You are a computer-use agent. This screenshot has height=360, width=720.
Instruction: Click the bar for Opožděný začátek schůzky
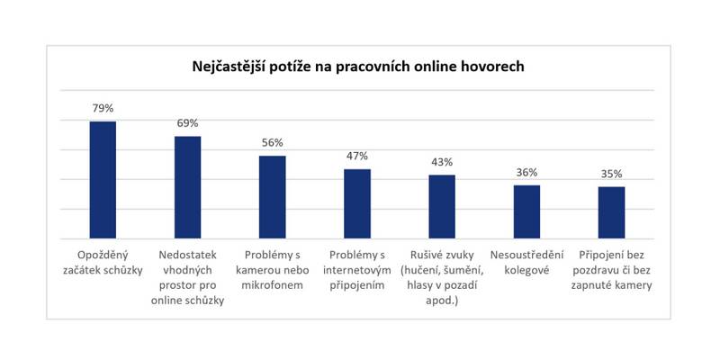point(103,179)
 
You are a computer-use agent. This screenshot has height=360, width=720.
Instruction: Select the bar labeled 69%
point(187,186)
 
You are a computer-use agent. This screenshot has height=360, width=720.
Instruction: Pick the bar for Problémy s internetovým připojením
point(357,202)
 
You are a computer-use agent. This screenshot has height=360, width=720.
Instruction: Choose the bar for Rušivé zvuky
point(442,206)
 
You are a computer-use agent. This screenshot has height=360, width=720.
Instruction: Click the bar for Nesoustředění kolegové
point(526,211)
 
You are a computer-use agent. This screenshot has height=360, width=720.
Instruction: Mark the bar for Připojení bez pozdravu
point(611,211)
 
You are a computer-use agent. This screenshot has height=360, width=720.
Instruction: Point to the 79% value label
point(103,109)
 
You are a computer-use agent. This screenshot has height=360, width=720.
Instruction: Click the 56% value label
point(273,142)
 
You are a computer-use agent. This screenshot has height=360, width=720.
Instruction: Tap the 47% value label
point(357,156)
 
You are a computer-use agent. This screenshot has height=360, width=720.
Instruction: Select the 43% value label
point(442,162)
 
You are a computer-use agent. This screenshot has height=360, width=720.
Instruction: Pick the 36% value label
point(526,172)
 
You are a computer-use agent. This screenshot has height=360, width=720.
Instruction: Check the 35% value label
point(611,173)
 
